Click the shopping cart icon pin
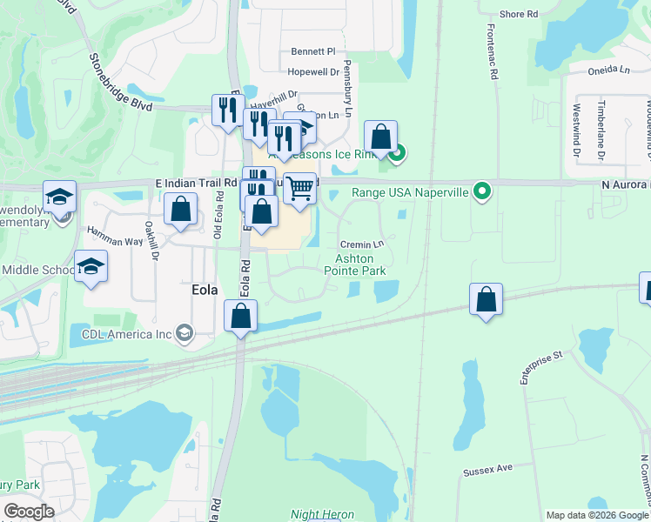[x=299, y=187]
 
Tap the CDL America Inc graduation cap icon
[x=184, y=332]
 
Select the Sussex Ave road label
[x=487, y=471]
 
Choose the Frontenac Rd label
[x=493, y=53]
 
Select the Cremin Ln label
[x=362, y=244]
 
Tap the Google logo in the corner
[x=29, y=512]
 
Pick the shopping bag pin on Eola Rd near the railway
[x=241, y=315]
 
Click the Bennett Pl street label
[x=313, y=51]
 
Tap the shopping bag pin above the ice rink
[x=380, y=136]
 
